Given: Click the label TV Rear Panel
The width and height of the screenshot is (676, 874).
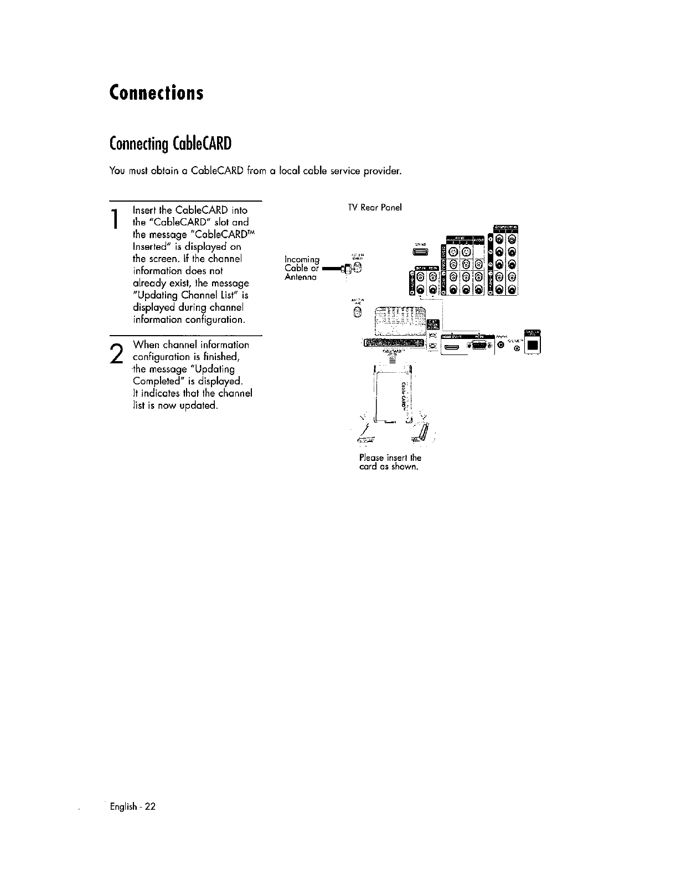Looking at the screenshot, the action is click(x=374, y=208).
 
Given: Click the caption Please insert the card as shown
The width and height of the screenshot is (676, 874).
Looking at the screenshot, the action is click(x=390, y=462).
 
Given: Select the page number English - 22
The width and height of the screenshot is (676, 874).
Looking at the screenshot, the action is click(x=133, y=806).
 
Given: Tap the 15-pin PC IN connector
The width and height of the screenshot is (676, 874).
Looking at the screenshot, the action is click(x=479, y=346).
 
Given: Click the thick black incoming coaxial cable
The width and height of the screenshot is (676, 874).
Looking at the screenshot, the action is click(x=331, y=269).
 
